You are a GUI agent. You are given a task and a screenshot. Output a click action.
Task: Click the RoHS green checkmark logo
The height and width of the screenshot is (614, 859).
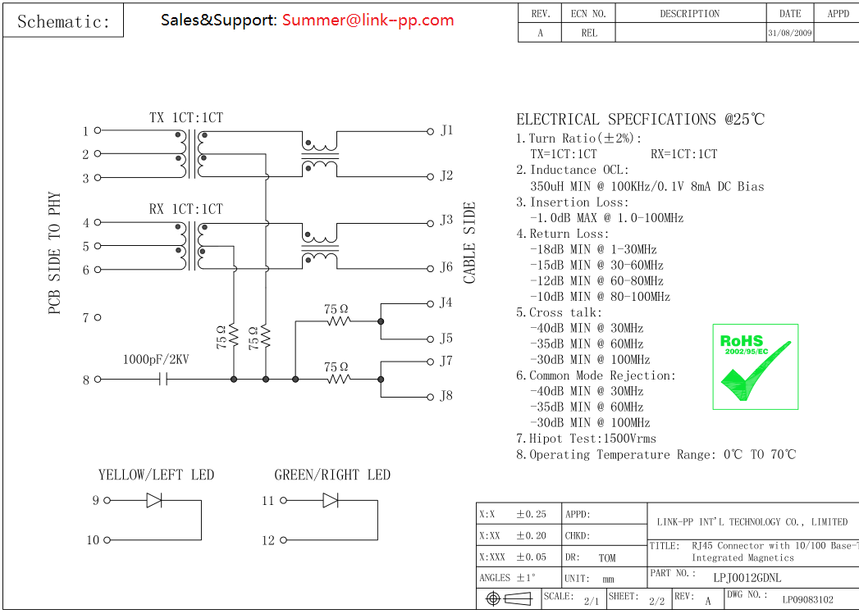pos(755,366)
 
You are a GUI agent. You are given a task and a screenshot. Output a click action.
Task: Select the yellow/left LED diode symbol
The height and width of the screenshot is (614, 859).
pos(153,500)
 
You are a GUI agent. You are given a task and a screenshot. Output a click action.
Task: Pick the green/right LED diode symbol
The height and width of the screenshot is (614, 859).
pos(331,500)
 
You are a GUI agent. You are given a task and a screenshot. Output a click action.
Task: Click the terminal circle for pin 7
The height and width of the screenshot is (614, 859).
pos(98,317)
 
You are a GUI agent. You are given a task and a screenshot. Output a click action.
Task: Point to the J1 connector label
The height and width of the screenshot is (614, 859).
pos(446,130)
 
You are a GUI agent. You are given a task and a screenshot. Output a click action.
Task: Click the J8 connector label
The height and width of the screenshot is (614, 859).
pos(446,396)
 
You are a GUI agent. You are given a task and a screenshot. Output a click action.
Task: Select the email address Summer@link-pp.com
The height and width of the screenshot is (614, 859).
pos(368,20)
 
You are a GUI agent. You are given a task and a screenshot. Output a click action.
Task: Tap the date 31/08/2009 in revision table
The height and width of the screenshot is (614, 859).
pos(790,34)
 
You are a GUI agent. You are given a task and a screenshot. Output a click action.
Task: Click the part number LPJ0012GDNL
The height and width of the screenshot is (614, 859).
pos(747,577)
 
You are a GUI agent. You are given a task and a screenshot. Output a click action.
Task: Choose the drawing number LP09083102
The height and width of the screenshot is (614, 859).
pos(807,600)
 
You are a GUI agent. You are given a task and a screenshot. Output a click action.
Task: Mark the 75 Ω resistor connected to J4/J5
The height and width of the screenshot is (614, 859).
pos(338,321)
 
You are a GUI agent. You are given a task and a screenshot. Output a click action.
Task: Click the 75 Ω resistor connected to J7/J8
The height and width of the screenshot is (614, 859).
pos(338,379)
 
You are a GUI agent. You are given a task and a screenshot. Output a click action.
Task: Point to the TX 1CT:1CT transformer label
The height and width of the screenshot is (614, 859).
pos(185,118)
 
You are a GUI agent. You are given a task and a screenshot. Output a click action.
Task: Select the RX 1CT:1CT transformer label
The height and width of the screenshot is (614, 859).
pos(185,209)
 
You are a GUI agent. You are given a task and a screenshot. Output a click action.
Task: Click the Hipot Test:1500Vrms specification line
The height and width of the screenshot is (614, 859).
pos(586,439)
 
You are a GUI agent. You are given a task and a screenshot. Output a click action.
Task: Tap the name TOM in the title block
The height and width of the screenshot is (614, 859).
pos(606,558)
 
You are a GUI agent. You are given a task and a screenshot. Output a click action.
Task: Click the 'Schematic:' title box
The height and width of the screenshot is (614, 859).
pos(64,21)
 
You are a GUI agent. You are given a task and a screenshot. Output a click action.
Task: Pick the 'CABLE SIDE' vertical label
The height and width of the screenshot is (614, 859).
pos(470,243)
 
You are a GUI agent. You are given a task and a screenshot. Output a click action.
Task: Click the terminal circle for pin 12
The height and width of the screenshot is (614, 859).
pos(284,540)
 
